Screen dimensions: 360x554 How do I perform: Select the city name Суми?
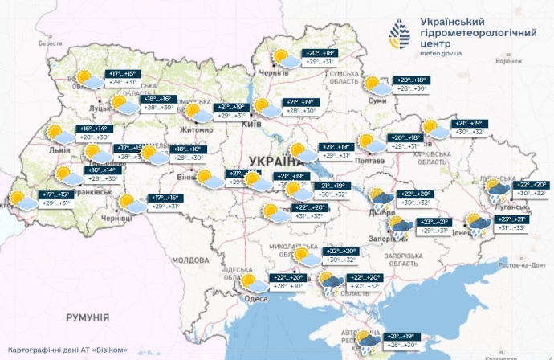pyautogui.click(x=371, y=102)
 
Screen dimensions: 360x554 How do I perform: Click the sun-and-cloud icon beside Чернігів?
pyautogui.click(x=282, y=57)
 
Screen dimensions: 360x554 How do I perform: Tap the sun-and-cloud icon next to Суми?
pyautogui.click(x=373, y=84)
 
